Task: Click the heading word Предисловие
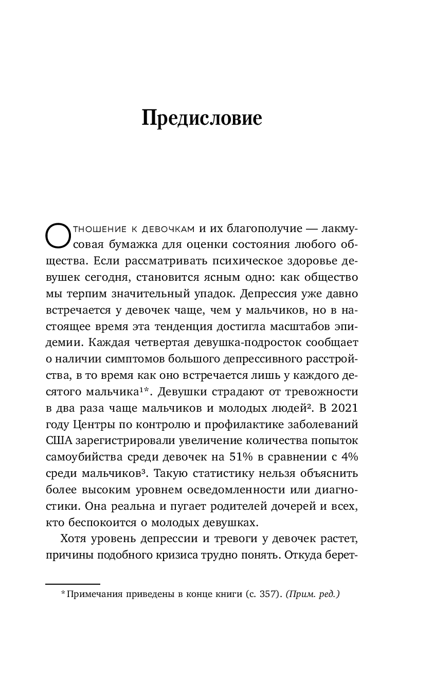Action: tap(202, 118)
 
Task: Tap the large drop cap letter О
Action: tap(57, 236)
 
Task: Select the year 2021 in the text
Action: tap(343, 409)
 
